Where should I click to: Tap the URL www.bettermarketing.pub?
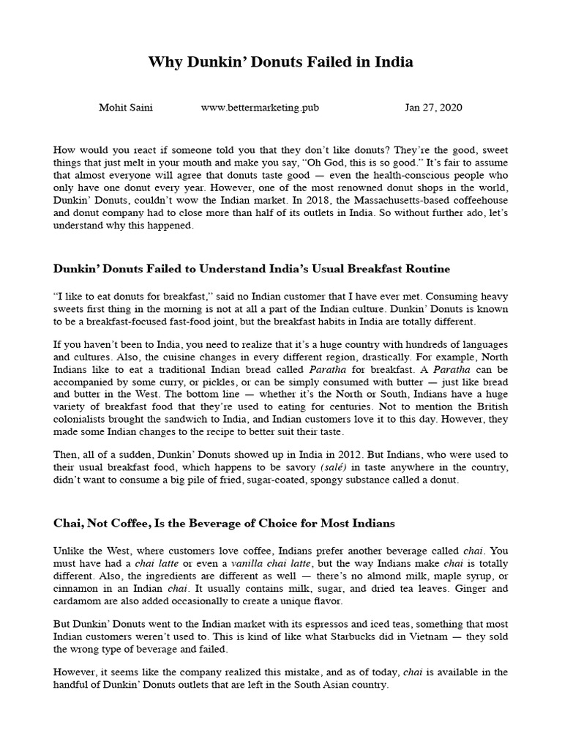[x=260, y=108]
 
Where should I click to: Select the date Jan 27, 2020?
[x=433, y=108]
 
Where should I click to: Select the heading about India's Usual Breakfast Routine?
[x=252, y=269]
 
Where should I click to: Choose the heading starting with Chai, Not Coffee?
[x=224, y=523]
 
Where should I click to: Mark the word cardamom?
[x=77, y=601]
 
